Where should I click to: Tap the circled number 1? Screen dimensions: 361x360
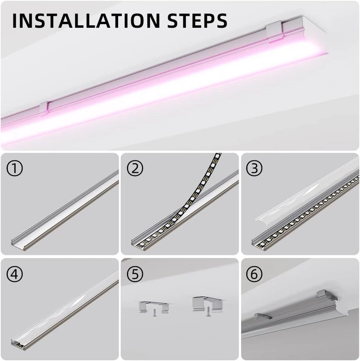click(x=15, y=169)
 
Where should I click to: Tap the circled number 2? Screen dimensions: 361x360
click(x=135, y=169)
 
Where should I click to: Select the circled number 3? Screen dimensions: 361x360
click(x=254, y=169)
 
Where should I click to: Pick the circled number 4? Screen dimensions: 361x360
click(x=15, y=275)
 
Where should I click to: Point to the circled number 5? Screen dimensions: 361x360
click(x=135, y=275)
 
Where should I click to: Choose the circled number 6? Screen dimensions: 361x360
click(x=254, y=275)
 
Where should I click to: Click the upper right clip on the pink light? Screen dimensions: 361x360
click(x=275, y=31)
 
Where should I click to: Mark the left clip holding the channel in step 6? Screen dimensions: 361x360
click(x=263, y=316)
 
